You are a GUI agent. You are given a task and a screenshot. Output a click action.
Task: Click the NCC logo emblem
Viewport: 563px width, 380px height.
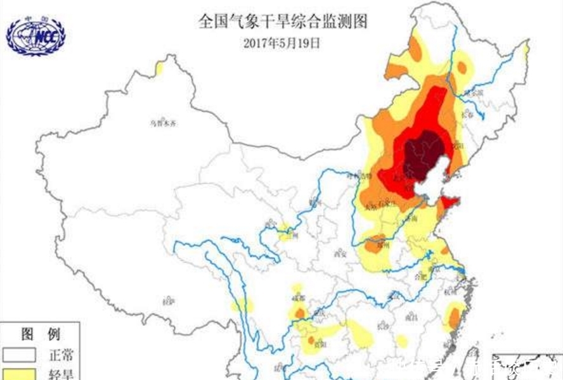36,35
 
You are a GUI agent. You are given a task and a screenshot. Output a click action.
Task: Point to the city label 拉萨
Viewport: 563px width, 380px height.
169,300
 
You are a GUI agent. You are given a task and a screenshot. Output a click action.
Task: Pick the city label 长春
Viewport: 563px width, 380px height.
468,115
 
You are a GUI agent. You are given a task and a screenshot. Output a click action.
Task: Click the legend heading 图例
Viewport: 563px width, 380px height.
40,334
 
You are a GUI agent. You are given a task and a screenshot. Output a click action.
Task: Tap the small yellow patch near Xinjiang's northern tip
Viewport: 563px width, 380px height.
159,67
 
